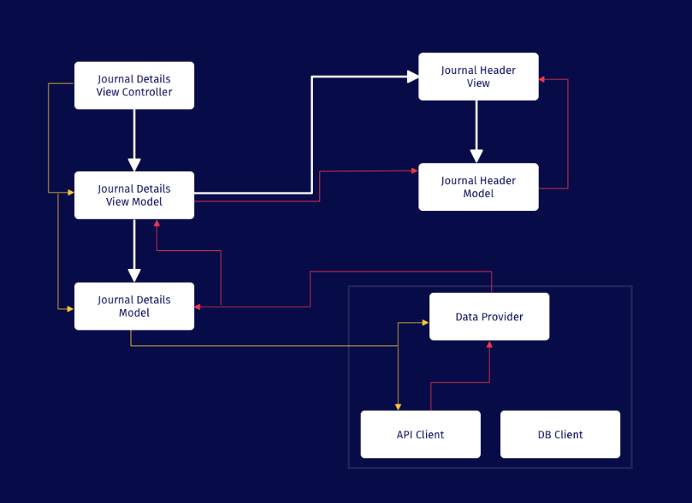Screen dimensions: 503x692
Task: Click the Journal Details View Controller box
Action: tap(134, 86)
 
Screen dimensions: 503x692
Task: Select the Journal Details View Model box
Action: tap(134, 195)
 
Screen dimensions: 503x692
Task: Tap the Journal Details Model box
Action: tap(134, 306)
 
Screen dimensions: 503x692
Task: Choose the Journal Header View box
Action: tap(478, 76)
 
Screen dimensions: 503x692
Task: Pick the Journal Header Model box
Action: tap(478, 186)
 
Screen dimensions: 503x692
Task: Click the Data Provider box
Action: tap(489, 317)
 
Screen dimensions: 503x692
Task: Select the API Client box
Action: tap(420, 434)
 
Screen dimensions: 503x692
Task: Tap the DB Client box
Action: tap(560, 434)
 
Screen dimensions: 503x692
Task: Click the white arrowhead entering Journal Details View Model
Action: tap(134, 165)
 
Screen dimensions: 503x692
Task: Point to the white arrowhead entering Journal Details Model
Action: tap(134, 275)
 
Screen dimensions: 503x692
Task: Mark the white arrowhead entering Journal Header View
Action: tap(412, 76)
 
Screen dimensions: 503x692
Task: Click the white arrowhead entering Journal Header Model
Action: tap(477, 156)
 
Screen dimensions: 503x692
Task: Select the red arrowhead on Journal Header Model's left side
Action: tap(414, 173)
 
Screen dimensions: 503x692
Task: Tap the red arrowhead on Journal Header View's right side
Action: tap(543, 79)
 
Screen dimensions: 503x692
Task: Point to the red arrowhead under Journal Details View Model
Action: tap(156, 223)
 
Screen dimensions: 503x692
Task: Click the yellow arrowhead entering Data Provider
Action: tap(425, 323)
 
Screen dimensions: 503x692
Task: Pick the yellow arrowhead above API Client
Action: tap(398, 407)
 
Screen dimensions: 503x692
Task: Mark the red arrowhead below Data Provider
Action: tap(489, 344)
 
